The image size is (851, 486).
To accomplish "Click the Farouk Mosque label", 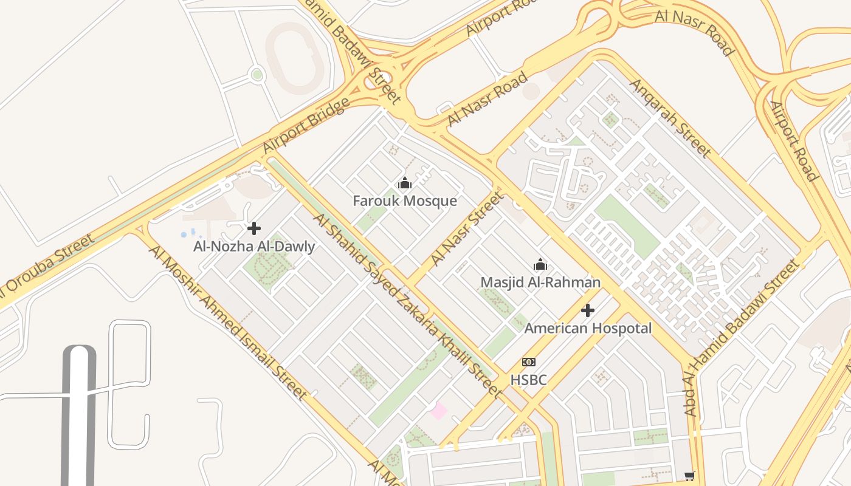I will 405,201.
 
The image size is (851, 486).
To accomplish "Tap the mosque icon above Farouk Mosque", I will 405,183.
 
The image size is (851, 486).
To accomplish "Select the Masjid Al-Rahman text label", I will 540,282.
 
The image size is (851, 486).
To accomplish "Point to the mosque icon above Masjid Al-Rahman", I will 540,264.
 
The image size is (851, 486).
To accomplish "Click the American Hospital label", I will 588,329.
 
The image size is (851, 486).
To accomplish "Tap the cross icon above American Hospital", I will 588,310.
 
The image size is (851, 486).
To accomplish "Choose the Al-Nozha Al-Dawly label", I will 254,247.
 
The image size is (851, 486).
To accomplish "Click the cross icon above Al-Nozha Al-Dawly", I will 254,228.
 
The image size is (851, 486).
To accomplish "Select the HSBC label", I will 528,380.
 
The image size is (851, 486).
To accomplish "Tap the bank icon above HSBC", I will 528,362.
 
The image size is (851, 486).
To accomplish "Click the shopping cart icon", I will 689,476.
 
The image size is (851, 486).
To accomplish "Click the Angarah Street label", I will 670,118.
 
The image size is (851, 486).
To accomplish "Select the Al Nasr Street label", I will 467,228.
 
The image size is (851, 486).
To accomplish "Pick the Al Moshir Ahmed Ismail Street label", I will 227,323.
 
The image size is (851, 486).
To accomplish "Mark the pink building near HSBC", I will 438,411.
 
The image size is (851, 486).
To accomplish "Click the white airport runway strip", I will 79,419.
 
